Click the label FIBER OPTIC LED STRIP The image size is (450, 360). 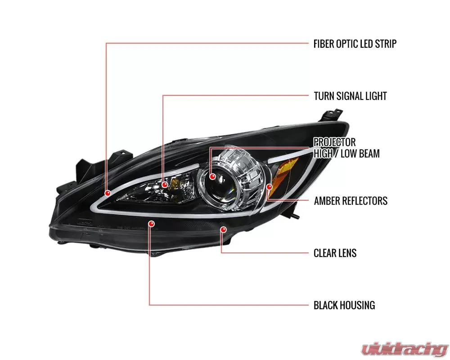pos(355,44)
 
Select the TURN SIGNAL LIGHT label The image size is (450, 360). pos(350,96)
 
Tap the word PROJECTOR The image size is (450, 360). pos(334,143)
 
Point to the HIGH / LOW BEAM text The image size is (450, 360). pos(346,153)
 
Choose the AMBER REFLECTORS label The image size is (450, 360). pos(351,201)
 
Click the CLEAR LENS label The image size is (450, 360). pos(335,253)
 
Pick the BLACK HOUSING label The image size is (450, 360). pos(344,305)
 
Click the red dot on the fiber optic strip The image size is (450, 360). pos(108,193)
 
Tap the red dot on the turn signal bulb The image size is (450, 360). pos(165,184)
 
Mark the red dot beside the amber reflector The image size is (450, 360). pos(270,186)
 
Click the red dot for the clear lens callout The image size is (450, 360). pos(223,230)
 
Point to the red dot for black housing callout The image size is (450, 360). pos(151,223)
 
